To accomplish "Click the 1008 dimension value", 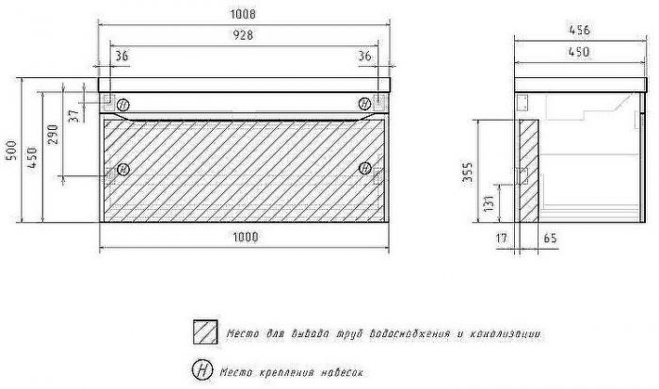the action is (243, 14).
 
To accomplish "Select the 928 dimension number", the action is (243, 35).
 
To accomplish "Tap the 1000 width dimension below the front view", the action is (246, 237).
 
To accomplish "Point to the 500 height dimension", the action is (11, 151).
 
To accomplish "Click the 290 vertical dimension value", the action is (53, 134).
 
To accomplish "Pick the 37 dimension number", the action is (74, 116).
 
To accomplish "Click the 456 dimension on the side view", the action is (580, 30).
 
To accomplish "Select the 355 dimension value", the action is (467, 171).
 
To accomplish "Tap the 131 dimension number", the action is (489, 203).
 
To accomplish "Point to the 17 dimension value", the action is (502, 238).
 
